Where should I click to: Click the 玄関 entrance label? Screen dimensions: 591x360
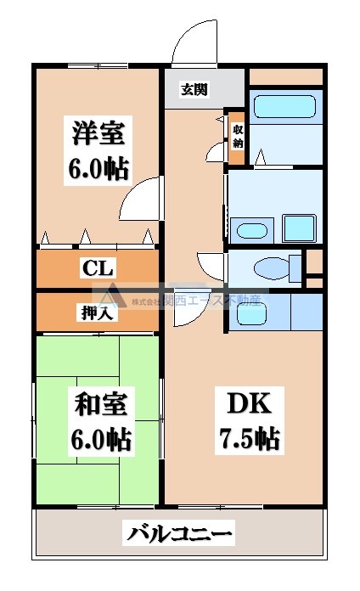194,88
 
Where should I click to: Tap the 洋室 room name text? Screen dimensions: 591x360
98,134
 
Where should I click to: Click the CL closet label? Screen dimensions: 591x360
98,269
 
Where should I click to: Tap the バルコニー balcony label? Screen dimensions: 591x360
179,534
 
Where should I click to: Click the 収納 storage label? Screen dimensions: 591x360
237,136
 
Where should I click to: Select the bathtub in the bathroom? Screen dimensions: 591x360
285,108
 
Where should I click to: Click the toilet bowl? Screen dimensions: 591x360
272,269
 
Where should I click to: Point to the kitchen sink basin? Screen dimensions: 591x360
252,315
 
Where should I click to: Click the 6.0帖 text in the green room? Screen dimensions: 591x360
98,441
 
